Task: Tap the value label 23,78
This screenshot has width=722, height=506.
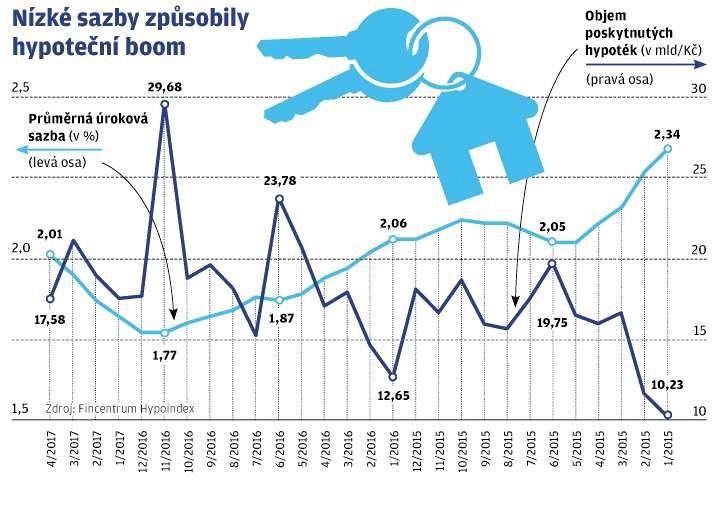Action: click(277, 181)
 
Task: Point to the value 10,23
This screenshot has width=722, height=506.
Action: click(668, 381)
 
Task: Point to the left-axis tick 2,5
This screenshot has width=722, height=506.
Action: click(20, 89)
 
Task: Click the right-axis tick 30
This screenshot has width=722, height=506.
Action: click(700, 89)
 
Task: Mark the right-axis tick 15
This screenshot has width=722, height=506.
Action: click(700, 332)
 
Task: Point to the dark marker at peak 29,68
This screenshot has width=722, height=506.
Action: click(164, 104)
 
